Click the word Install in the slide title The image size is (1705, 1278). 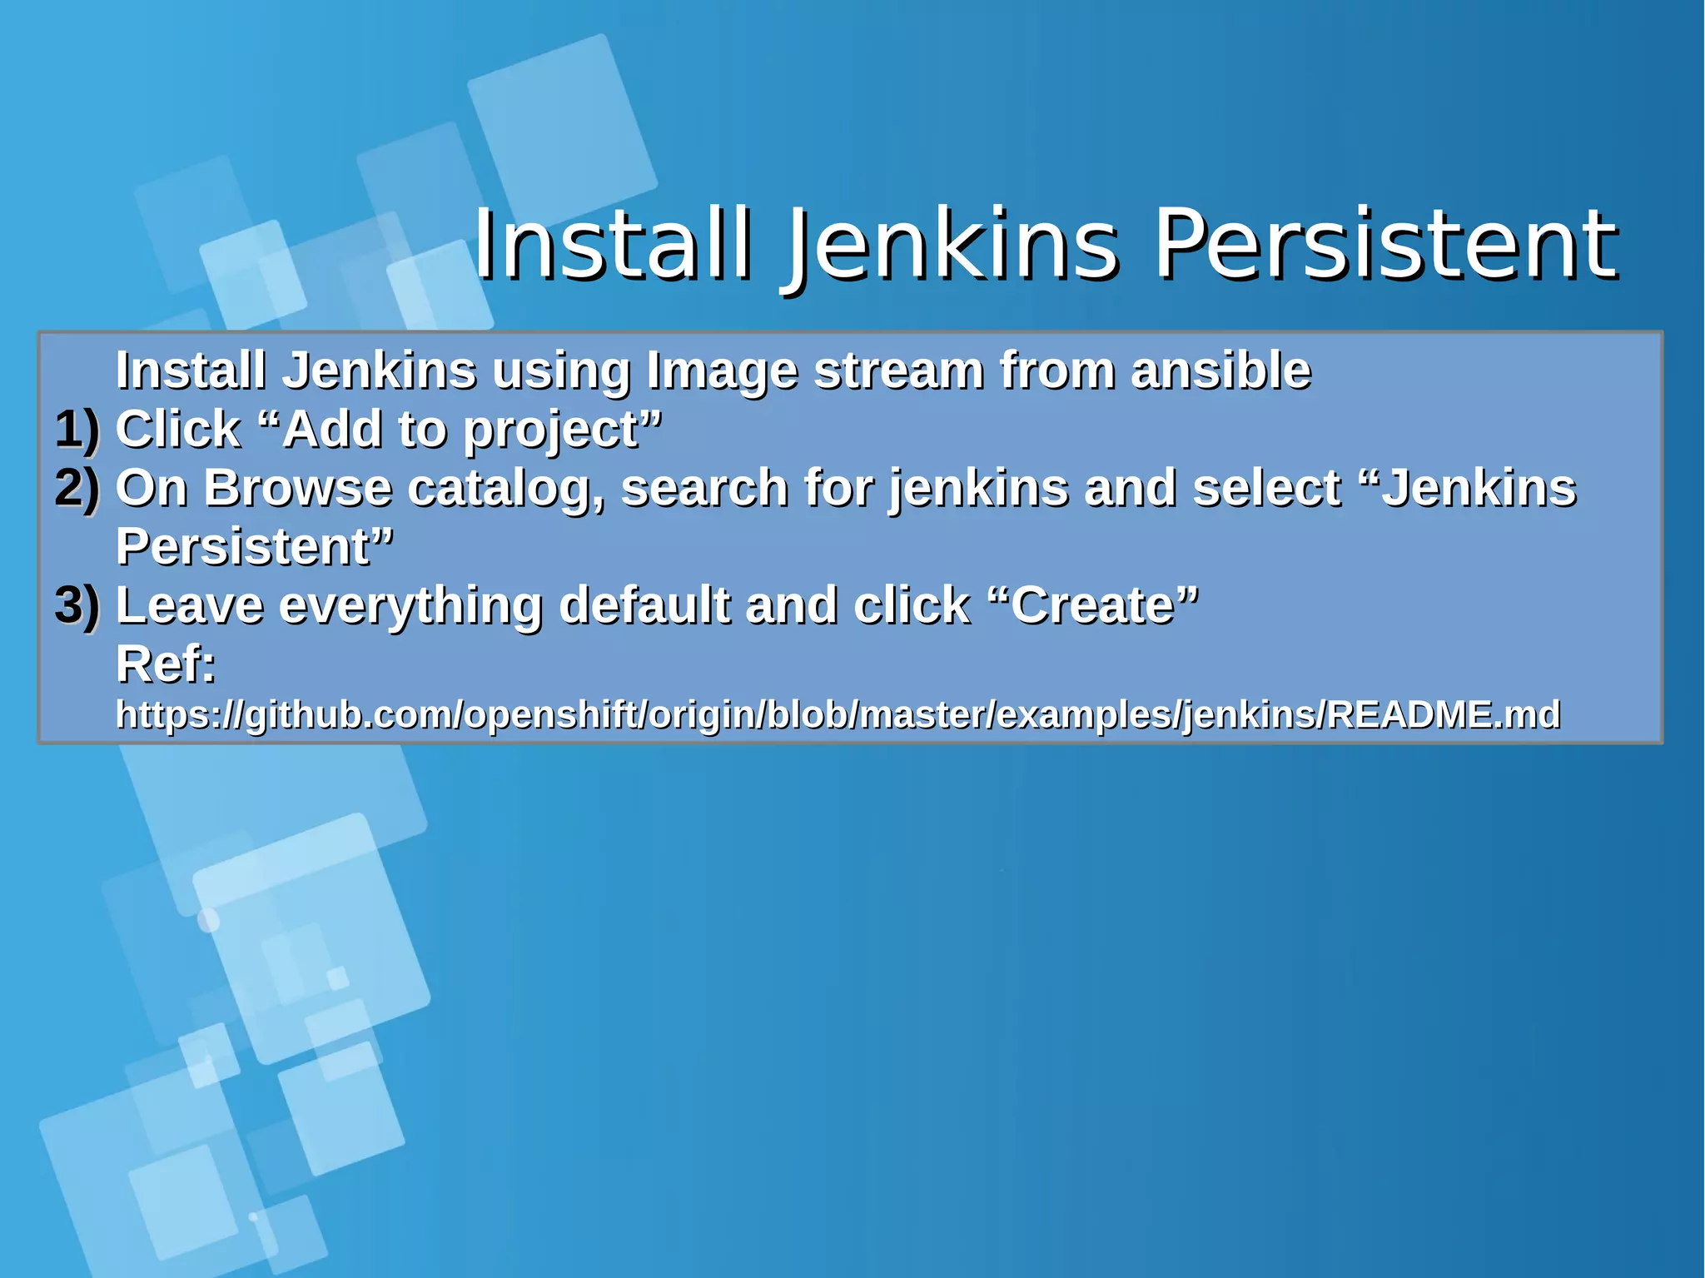612,245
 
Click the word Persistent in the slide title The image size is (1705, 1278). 1385,245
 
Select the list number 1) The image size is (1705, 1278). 77,430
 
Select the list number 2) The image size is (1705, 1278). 77,488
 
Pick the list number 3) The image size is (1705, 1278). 77,605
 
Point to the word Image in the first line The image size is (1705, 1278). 722,370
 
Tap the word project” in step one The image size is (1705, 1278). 562,431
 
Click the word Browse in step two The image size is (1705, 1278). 297,488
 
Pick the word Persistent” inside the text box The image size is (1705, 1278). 255,547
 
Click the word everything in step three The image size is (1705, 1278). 410,606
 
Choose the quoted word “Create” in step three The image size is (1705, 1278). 1096,605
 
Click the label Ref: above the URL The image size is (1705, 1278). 166,664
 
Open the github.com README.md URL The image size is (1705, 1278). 838,715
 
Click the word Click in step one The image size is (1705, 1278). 177,430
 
